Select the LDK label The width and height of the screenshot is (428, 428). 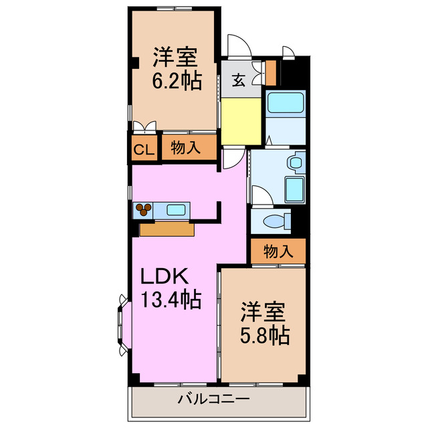pos(166,276)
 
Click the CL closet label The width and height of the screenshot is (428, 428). pos(143,149)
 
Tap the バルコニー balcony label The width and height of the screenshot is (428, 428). pos(213,400)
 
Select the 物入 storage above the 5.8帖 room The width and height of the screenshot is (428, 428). pos(278,251)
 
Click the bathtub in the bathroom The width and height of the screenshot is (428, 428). pos(286,103)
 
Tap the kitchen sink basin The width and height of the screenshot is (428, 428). pos(176,210)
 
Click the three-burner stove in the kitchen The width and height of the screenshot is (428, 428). pos(144,210)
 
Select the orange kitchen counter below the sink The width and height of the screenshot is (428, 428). pos(167,229)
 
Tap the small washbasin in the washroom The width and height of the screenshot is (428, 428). pos(294,163)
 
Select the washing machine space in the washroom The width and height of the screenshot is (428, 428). pos(294,189)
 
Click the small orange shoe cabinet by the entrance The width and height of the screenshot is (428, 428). pos(271,72)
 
